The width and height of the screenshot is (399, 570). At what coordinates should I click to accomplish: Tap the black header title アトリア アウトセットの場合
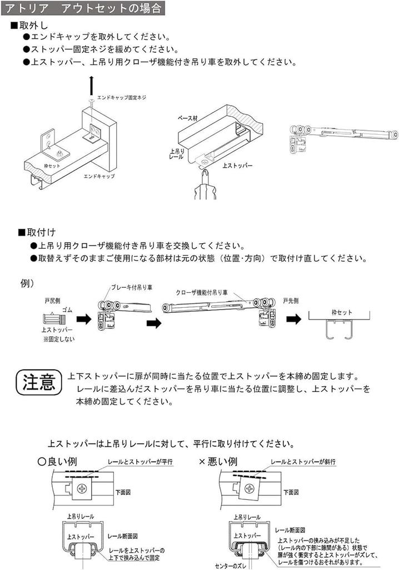(83, 8)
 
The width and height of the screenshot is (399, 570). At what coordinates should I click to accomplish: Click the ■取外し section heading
(32, 26)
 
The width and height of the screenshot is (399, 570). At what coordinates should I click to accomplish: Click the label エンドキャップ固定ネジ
(121, 97)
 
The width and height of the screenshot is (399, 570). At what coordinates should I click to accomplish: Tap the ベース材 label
(188, 119)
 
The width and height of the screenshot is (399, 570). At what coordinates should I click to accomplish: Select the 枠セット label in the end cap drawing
(52, 166)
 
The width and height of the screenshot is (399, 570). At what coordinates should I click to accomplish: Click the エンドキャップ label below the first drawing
(99, 176)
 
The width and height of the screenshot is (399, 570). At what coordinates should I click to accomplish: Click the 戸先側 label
(290, 301)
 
